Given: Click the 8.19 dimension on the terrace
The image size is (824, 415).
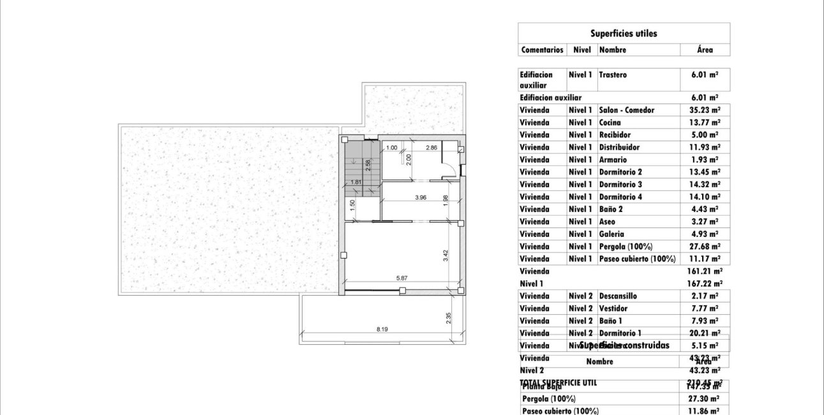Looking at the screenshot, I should point(382,329).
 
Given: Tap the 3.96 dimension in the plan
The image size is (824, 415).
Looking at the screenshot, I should point(420,198).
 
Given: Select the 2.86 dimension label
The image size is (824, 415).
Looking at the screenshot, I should point(431,148).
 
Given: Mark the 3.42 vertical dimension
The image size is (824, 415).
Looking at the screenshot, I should point(446,255).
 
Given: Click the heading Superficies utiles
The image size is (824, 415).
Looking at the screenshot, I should point(624,33).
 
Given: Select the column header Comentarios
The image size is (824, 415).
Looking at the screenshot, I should point(542,50).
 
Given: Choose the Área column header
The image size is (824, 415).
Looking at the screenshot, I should point(705,50).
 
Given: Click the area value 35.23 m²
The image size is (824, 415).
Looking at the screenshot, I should point(705,110).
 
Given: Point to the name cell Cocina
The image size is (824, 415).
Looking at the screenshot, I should point(610,123).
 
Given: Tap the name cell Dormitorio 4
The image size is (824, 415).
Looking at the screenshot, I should point(620,197).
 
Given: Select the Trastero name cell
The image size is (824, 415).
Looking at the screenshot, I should point(613,75).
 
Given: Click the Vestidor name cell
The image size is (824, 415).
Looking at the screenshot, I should point(613,308).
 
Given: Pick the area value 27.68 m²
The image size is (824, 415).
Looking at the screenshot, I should point(705,246).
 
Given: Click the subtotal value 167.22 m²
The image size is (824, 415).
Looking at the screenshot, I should point(705,283).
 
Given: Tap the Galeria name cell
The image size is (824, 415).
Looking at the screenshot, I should point(611,234).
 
